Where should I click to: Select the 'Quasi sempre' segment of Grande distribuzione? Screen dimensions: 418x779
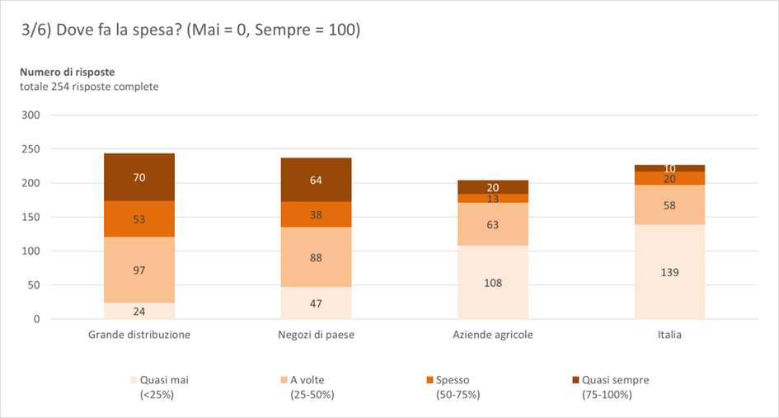(x=139, y=177)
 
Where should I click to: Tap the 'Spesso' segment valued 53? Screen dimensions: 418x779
(x=139, y=219)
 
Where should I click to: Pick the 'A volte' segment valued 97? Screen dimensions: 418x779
(x=139, y=270)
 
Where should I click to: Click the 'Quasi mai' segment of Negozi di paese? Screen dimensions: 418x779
(x=317, y=303)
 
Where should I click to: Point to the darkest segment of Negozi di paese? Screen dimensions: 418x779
(x=317, y=180)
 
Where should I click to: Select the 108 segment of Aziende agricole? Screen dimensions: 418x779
(x=493, y=282)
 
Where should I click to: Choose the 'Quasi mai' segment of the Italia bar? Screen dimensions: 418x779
(x=669, y=271)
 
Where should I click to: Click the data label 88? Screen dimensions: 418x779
(x=317, y=256)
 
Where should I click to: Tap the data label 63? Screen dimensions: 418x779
(x=493, y=224)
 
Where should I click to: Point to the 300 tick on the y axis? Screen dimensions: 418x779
(x=31, y=115)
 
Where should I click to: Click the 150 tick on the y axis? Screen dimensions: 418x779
(x=31, y=218)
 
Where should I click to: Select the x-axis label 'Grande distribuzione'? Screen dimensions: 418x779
(x=139, y=335)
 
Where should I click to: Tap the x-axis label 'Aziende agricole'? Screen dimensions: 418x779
(x=493, y=335)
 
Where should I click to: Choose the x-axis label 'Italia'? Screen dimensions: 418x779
(x=669, y=335)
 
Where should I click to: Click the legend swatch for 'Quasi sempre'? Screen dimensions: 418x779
(x=575, y=380)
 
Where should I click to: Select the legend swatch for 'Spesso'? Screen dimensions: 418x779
(x=429, y=380)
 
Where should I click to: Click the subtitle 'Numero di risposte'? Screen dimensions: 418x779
(x=68, y=72)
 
